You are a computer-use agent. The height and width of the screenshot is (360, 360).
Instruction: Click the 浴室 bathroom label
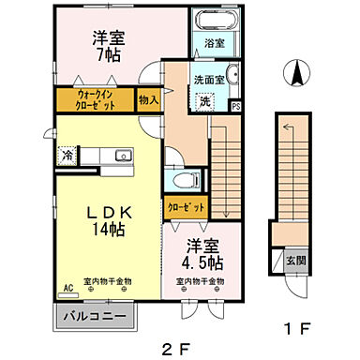tap(214, 43)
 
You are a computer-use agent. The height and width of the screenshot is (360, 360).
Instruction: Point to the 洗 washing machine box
tap(204, 101)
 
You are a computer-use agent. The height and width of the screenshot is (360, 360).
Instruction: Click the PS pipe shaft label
tap(235, 106)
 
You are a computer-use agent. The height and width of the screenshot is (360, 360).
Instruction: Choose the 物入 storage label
tap(148, 99)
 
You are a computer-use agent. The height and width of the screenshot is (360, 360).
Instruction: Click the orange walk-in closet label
tap(97, 100)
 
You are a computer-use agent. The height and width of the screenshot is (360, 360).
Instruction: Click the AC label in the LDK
tap(67, 288)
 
